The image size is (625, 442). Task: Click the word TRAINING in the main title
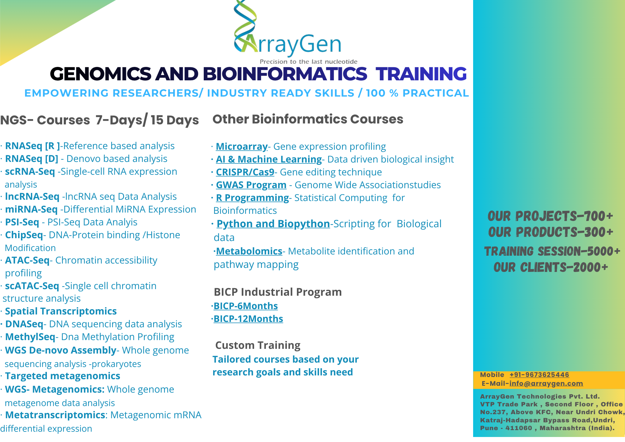[421, 74]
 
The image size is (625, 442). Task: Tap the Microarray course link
[242, 146]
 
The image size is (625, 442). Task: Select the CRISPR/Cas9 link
[245, 172]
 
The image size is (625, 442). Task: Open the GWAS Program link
[251, 185]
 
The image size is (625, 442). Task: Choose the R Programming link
[252, 198]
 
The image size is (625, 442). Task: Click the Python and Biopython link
[273, 224]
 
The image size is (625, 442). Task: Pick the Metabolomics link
[249, 251]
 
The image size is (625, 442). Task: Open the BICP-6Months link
[246, 306]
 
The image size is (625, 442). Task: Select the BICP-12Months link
[248, 319]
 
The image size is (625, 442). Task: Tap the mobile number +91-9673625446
[539, 374]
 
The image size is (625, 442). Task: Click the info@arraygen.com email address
[546, 383]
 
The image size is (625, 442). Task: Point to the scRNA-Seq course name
[30, 172]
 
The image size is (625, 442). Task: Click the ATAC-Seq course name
[27, 260]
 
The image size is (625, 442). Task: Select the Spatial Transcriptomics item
[61, 311]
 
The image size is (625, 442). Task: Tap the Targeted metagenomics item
[62, 376]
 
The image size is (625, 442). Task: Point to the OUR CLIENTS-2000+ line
[551, 267]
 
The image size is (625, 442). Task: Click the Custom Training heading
[258, 345]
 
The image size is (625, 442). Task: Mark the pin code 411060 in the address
[519, 428]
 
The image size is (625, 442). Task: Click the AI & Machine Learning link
[269, 159]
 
